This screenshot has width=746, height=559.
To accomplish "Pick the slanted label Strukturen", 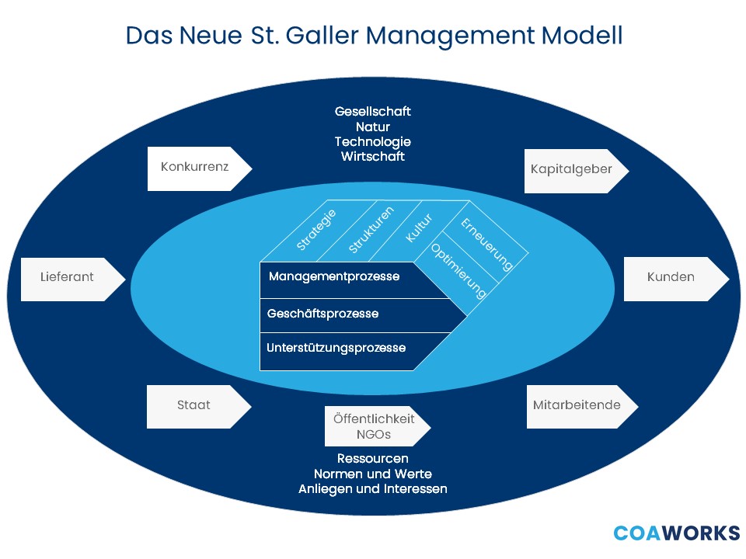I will [x=371, y=230].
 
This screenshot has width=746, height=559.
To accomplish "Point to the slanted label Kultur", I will [x=420, y=227].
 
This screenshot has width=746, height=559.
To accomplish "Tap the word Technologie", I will [x=373, y=141].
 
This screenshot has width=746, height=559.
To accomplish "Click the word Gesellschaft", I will [x=373, y=111].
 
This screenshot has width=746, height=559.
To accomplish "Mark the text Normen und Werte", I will [x=373, y=474].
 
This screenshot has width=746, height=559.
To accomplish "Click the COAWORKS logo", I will [x=676, y=533].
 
